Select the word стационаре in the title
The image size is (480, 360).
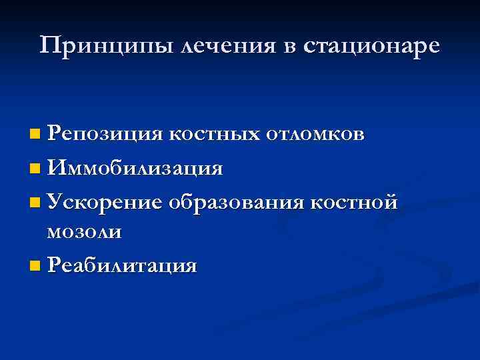pos(371,47)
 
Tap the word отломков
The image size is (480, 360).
pos(315,134)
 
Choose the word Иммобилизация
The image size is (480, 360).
pos(135,167)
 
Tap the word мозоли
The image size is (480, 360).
pos(84,232)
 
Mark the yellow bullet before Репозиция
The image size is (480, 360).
pos(35,135)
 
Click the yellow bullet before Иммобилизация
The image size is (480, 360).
pos(35,168)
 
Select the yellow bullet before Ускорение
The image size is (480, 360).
pos(35,201)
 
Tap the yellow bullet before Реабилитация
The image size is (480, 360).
pos(35,266)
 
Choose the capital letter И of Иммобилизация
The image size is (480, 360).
pos(55,167)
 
